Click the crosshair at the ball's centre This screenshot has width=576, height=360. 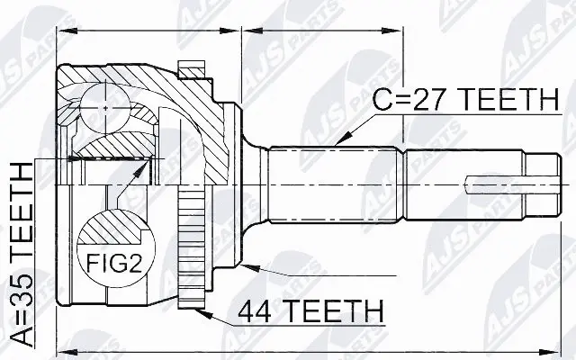(x=105, y=108)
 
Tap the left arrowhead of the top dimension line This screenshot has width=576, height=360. (x=62, y=31)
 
